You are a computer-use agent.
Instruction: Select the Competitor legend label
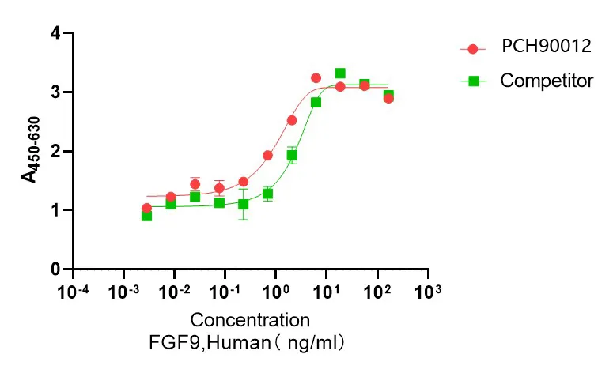tap(547, 81)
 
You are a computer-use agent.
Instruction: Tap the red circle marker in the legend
tap(473, 48)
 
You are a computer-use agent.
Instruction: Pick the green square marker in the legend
tap(473, 81)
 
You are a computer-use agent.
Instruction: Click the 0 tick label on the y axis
tap(55, 269)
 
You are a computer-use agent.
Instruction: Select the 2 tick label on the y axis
tap(55, 151)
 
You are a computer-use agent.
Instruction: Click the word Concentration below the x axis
tap(249, 321)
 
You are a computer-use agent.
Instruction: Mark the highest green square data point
tap(340, 73)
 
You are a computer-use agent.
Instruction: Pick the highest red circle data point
tap(316, 78)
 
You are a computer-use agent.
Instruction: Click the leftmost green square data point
tap(146, 216)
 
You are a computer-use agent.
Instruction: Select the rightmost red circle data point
tap(388, 98)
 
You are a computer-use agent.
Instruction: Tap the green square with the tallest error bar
tap(244, 204)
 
